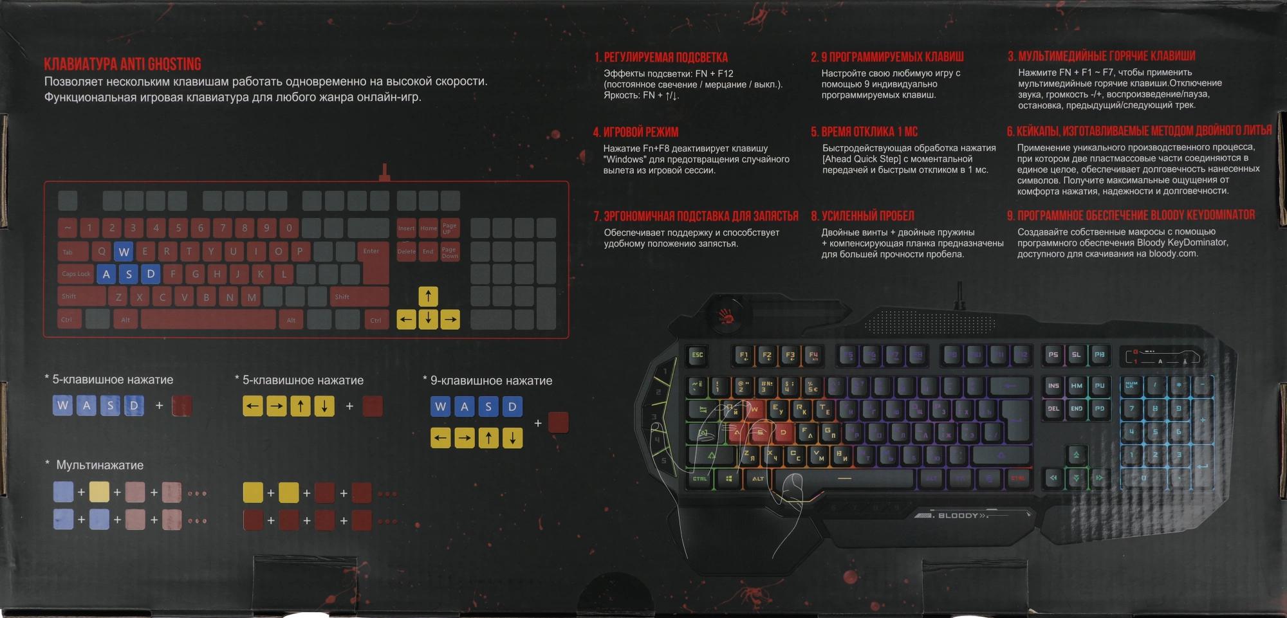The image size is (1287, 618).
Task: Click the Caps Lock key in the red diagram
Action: pos(76,274)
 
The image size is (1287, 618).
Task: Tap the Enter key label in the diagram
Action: pos(371,251)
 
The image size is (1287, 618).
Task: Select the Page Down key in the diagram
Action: pos(450,252)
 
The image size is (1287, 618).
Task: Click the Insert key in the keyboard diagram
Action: pos(406,228)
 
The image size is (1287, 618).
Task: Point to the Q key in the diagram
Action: pos(102,251)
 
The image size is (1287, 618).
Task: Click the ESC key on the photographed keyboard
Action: pos(697,355)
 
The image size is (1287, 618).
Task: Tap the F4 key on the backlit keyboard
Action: pos(813,355)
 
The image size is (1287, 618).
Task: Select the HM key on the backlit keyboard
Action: pos(1077,386)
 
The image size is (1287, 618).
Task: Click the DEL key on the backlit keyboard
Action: pos(1053,409)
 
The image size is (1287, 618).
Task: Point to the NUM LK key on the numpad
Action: pos(1131,385)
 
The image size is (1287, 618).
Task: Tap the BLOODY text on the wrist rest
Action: pos(959,516)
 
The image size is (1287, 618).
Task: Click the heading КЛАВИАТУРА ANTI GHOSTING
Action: pos(122,64)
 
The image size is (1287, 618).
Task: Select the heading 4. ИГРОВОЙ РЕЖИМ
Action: pos(635,132)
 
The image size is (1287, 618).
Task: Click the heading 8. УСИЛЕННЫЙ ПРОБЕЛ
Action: pos(862,216)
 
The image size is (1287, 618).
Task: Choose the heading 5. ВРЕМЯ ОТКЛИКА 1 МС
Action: pos(864,132)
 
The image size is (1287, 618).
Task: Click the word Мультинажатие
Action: pos(100,465)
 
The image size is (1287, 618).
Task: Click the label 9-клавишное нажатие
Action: pos(491,381)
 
